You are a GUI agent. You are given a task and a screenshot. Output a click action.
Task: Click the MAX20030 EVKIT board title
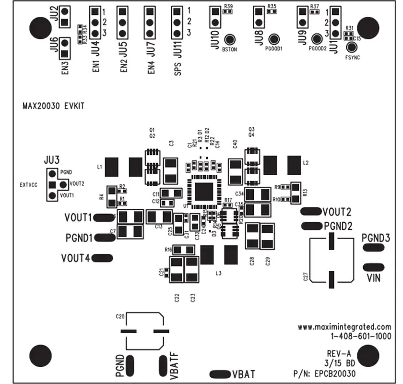[53, 107]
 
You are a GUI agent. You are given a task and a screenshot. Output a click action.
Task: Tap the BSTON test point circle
[229, 40]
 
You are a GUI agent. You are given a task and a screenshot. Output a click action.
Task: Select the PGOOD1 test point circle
[274, 40]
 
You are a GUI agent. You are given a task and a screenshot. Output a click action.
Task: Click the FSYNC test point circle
[353, 47]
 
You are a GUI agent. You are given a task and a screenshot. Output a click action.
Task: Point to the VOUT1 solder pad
[102, 218]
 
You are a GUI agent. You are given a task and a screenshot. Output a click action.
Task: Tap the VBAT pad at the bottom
[220, 373]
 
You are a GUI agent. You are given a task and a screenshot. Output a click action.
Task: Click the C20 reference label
[120, 316]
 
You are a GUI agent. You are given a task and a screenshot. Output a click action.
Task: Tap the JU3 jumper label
[51, 159]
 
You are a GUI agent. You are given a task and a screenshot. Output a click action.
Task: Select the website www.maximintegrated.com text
[344, 327]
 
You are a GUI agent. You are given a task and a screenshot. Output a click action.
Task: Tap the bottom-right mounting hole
[368, 356]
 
